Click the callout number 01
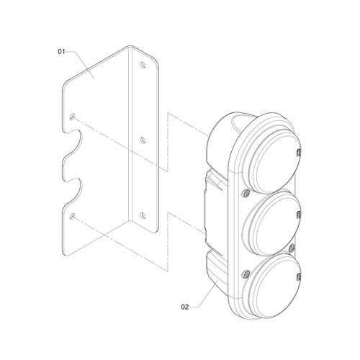(61, 52)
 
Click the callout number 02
(185, 307)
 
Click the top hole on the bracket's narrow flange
(143, 65)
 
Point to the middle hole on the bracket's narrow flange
(143, 140)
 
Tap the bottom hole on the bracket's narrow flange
(143, 215)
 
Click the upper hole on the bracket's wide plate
(72, 117)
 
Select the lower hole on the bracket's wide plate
(72, 216)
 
